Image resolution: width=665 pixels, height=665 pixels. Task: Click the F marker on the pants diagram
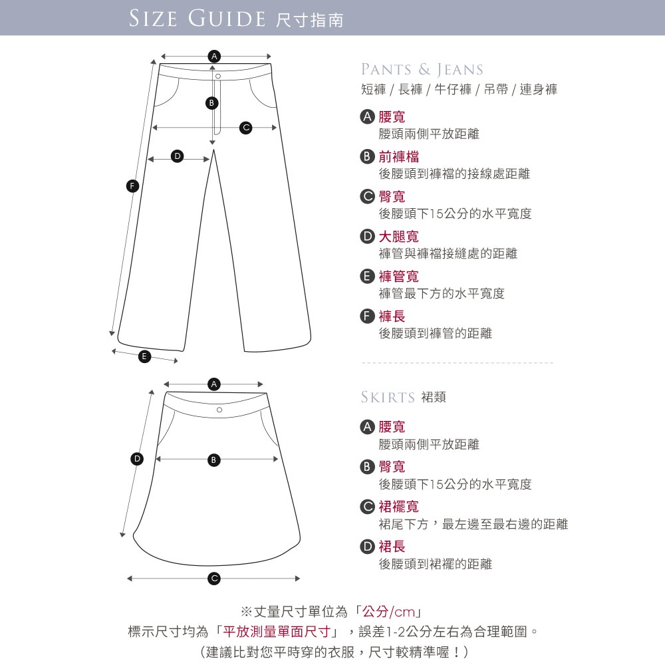point(133,186)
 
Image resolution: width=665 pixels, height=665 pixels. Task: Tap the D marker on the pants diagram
point(178,156)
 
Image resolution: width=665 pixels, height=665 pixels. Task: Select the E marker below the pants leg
point(144,356)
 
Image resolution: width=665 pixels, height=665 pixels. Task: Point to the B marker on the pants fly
point(211,102)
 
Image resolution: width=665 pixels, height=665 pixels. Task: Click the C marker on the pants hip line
point(245,128)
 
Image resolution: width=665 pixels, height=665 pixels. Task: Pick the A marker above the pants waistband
point(214,56)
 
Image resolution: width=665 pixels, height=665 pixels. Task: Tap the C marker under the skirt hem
point(214,579)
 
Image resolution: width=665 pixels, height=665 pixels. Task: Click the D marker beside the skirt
point(137,459)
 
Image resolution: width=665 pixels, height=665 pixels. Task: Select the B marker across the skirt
point(213,460)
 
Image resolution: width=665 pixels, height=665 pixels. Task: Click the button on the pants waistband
point(218,76)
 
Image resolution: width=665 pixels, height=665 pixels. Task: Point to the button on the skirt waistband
point(219,410)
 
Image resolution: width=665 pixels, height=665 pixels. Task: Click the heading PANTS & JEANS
point(422,70)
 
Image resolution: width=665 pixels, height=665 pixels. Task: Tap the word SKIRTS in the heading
point(388,398)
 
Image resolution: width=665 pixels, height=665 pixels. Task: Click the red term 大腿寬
point(398,237)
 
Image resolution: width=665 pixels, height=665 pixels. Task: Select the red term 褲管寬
point(398,277)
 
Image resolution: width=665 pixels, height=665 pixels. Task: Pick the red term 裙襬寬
point(398,506)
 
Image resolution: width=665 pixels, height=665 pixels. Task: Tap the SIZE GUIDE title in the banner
point(197,19)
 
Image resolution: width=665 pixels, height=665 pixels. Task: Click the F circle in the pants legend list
point(367,317)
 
